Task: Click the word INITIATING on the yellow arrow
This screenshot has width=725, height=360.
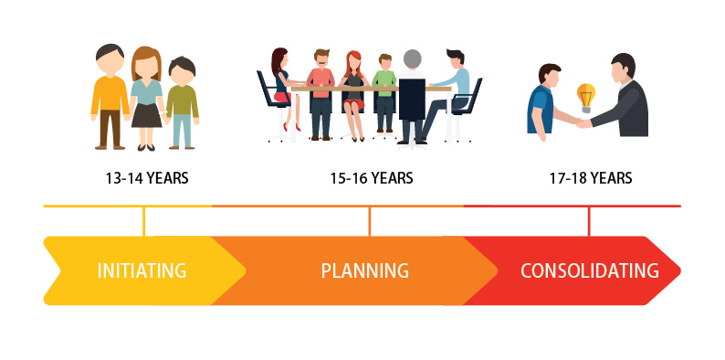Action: coord(142,270)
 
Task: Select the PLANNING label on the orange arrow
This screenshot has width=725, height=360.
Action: coord(364,270)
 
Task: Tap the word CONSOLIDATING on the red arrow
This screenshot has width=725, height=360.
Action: coord(589,270)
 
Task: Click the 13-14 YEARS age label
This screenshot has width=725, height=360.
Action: coord(146,178)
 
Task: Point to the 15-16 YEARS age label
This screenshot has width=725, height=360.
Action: coord(371,178)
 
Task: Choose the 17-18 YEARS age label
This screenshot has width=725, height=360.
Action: coord(590,178)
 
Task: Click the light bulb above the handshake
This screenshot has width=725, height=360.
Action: coord(585,95)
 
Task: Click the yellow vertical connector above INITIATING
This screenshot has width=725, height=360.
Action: coord(144,221)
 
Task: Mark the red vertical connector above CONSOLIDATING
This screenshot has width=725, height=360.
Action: coord(589,221)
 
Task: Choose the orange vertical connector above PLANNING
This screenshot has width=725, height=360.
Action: coord(369,221)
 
